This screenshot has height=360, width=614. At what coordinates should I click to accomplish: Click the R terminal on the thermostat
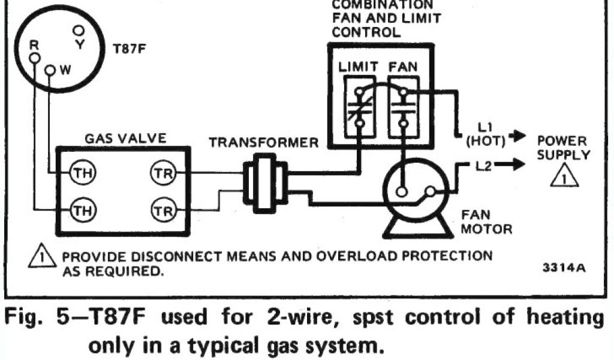[34, 57]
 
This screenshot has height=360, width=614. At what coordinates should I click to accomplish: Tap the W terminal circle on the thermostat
[50, 71]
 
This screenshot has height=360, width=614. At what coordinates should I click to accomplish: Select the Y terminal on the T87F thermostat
[79, 29]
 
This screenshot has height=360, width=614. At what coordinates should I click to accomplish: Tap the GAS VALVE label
[125, 138]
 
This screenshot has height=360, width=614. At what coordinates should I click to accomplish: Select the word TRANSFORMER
[264, 143]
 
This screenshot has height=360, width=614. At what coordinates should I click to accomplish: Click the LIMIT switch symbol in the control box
[358, 107]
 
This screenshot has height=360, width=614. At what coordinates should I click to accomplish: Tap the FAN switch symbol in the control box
[403, 107]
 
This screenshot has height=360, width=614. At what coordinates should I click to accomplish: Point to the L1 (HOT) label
[486, 135]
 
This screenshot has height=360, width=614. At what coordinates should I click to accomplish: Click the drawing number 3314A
[567, 268]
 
